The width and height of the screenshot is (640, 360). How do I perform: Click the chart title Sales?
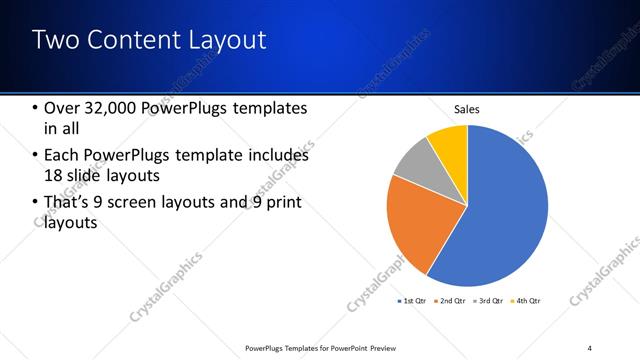click(467, 109)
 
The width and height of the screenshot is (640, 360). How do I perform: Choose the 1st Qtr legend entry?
click(414, 300)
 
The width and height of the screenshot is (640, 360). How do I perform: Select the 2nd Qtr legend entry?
click(453, 300)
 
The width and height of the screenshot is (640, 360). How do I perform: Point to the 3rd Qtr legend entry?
click(491, 300)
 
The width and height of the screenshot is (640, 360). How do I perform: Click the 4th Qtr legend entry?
click(528, 300)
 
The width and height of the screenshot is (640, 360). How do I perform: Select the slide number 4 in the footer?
click(590, 348)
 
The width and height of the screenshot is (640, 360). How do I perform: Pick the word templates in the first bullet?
click(269, 108)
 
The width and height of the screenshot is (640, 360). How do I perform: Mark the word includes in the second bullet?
click(274, 156)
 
